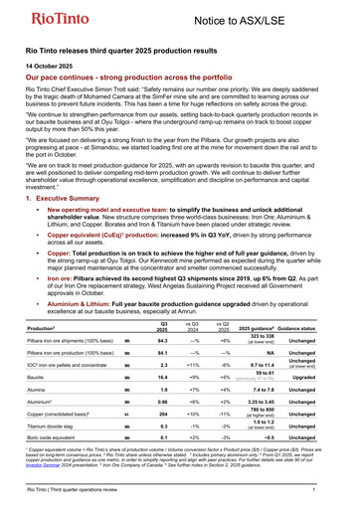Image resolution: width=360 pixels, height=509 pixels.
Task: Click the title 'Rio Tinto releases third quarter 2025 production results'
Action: tap(124, 49)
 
